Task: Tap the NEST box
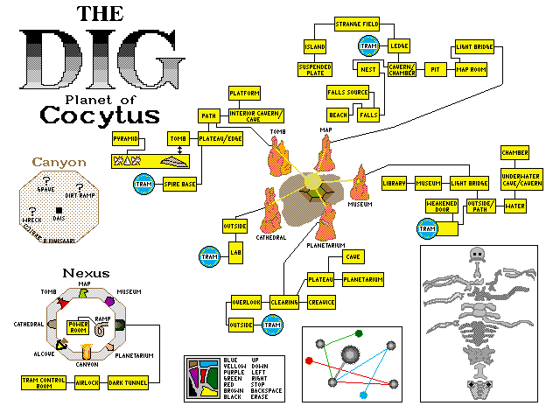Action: point(368,66)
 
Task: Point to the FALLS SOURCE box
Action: point(347,92)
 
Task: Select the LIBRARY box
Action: point(394,183)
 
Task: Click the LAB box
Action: point(235,255)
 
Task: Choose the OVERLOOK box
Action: point(246,302)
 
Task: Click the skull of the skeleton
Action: point(477,255)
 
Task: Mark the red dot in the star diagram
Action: point(309,360)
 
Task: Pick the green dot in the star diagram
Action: point(359,333)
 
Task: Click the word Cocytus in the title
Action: point(100,115)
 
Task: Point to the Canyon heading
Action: point(59,162)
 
